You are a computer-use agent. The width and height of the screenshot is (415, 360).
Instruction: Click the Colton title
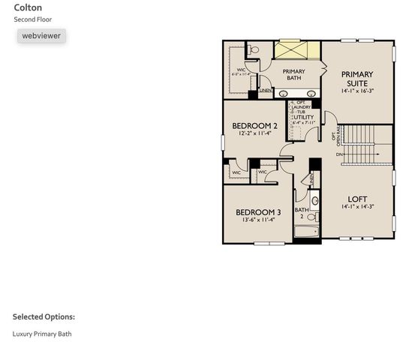click(x=28, y=7)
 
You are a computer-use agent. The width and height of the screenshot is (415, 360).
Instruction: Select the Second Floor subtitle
click(x=33, y=19)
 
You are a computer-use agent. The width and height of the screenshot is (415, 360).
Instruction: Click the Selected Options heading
click(x=44, y=317)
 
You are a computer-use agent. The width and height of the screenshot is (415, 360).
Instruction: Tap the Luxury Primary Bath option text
click(x=42, y=334)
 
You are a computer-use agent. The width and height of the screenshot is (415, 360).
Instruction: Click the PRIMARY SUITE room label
click(x=356, y=79)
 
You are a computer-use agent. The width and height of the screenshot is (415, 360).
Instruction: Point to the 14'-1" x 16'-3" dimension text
click(x=356, y=90)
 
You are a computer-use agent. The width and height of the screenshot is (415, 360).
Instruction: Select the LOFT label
click(x=357, y=199)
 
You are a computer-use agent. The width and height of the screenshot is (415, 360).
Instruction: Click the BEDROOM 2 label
click(x=255, y=126)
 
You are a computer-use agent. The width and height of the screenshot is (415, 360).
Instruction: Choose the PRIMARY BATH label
click(x=293, y=74)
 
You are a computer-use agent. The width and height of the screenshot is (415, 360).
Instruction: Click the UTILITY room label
click(x=303, y=117)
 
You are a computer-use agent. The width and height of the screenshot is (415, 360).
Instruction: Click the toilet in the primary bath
click(x=254, y=49)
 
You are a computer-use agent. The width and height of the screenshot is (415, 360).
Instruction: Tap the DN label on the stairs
click(x=339, y=154)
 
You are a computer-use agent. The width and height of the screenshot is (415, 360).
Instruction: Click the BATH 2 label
click(x=302, y=213)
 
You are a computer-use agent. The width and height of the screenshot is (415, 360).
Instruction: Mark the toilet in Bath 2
click(x=315, y=200)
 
